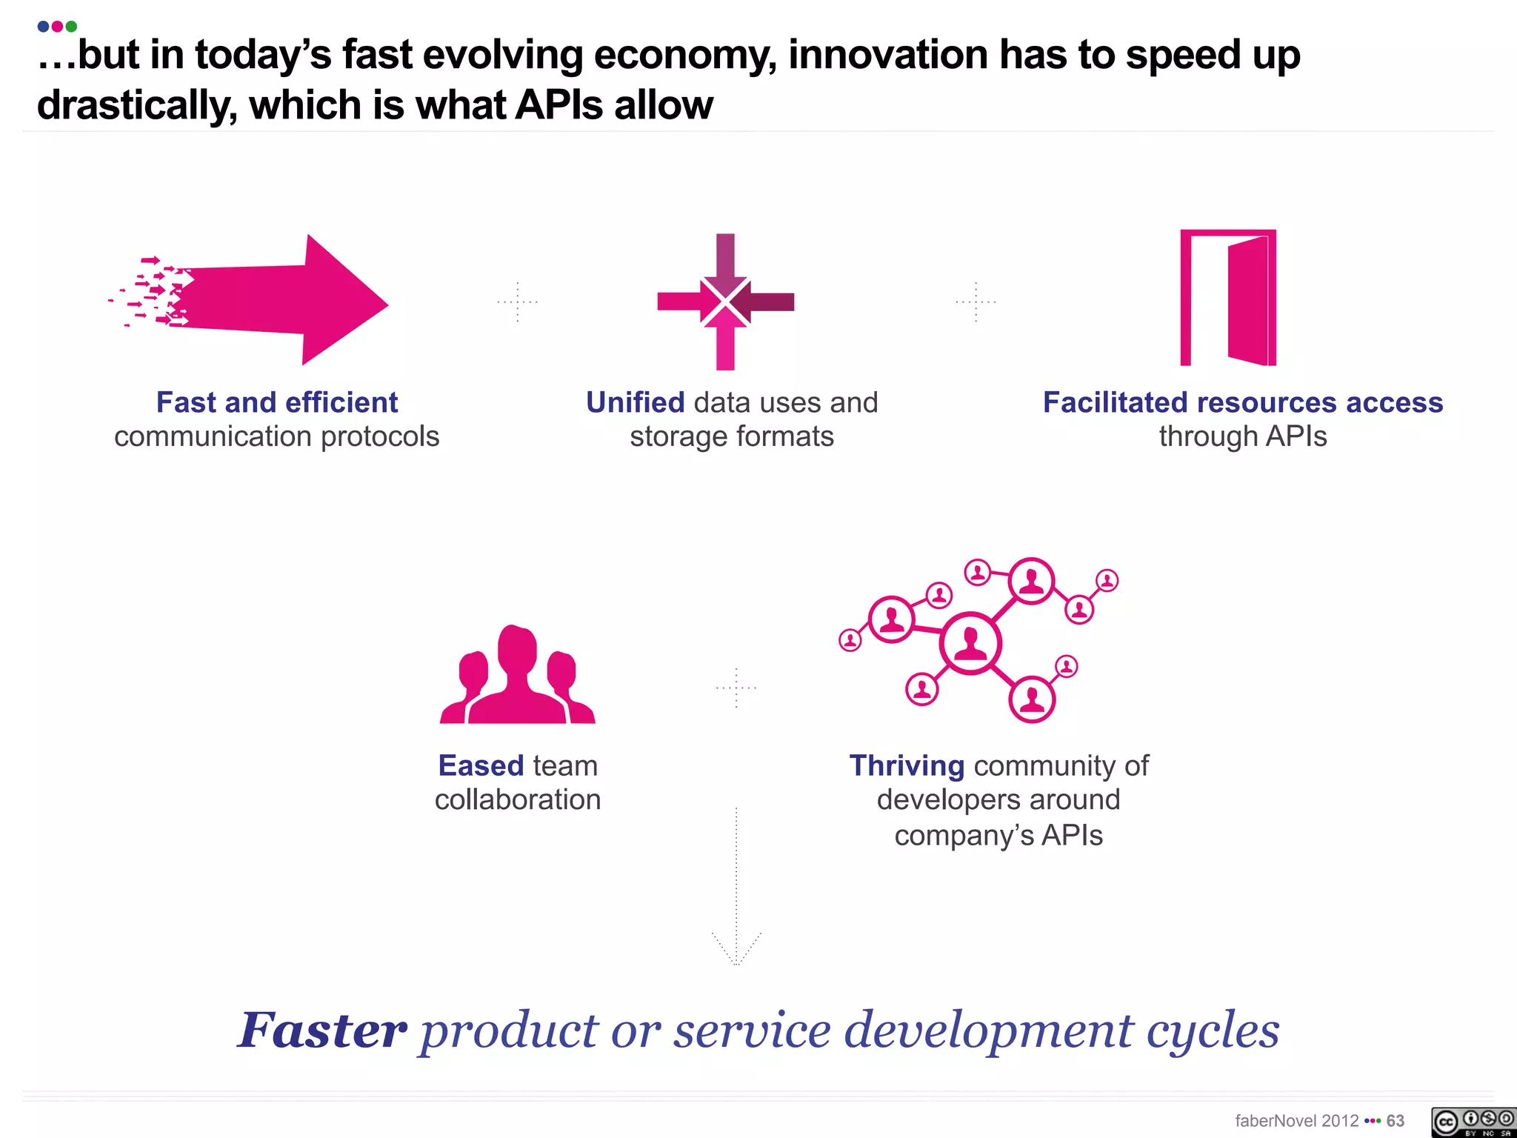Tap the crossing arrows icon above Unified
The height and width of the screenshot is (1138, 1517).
pos(725,302)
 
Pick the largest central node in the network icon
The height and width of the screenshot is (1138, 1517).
pos(970,643)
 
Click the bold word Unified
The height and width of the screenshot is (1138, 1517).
pos(635,402)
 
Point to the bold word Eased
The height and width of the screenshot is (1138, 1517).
pos(481,765)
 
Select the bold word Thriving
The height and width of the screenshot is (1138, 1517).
pos(907,765)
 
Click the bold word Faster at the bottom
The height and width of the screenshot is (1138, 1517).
pos(322,1031)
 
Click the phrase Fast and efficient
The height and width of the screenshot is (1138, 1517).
pos(277,402)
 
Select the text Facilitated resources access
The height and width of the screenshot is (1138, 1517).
pos(1243,402)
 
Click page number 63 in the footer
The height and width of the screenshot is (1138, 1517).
pos(1396,1121)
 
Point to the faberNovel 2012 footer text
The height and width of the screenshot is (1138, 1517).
pos(1296,1121)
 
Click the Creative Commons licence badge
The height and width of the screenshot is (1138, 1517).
pos(1473,1122)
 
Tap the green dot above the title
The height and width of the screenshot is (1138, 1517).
pos(71,27)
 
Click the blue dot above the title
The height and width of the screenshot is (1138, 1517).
pos(43,27)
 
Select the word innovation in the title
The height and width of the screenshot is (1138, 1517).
pos(887,55)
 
